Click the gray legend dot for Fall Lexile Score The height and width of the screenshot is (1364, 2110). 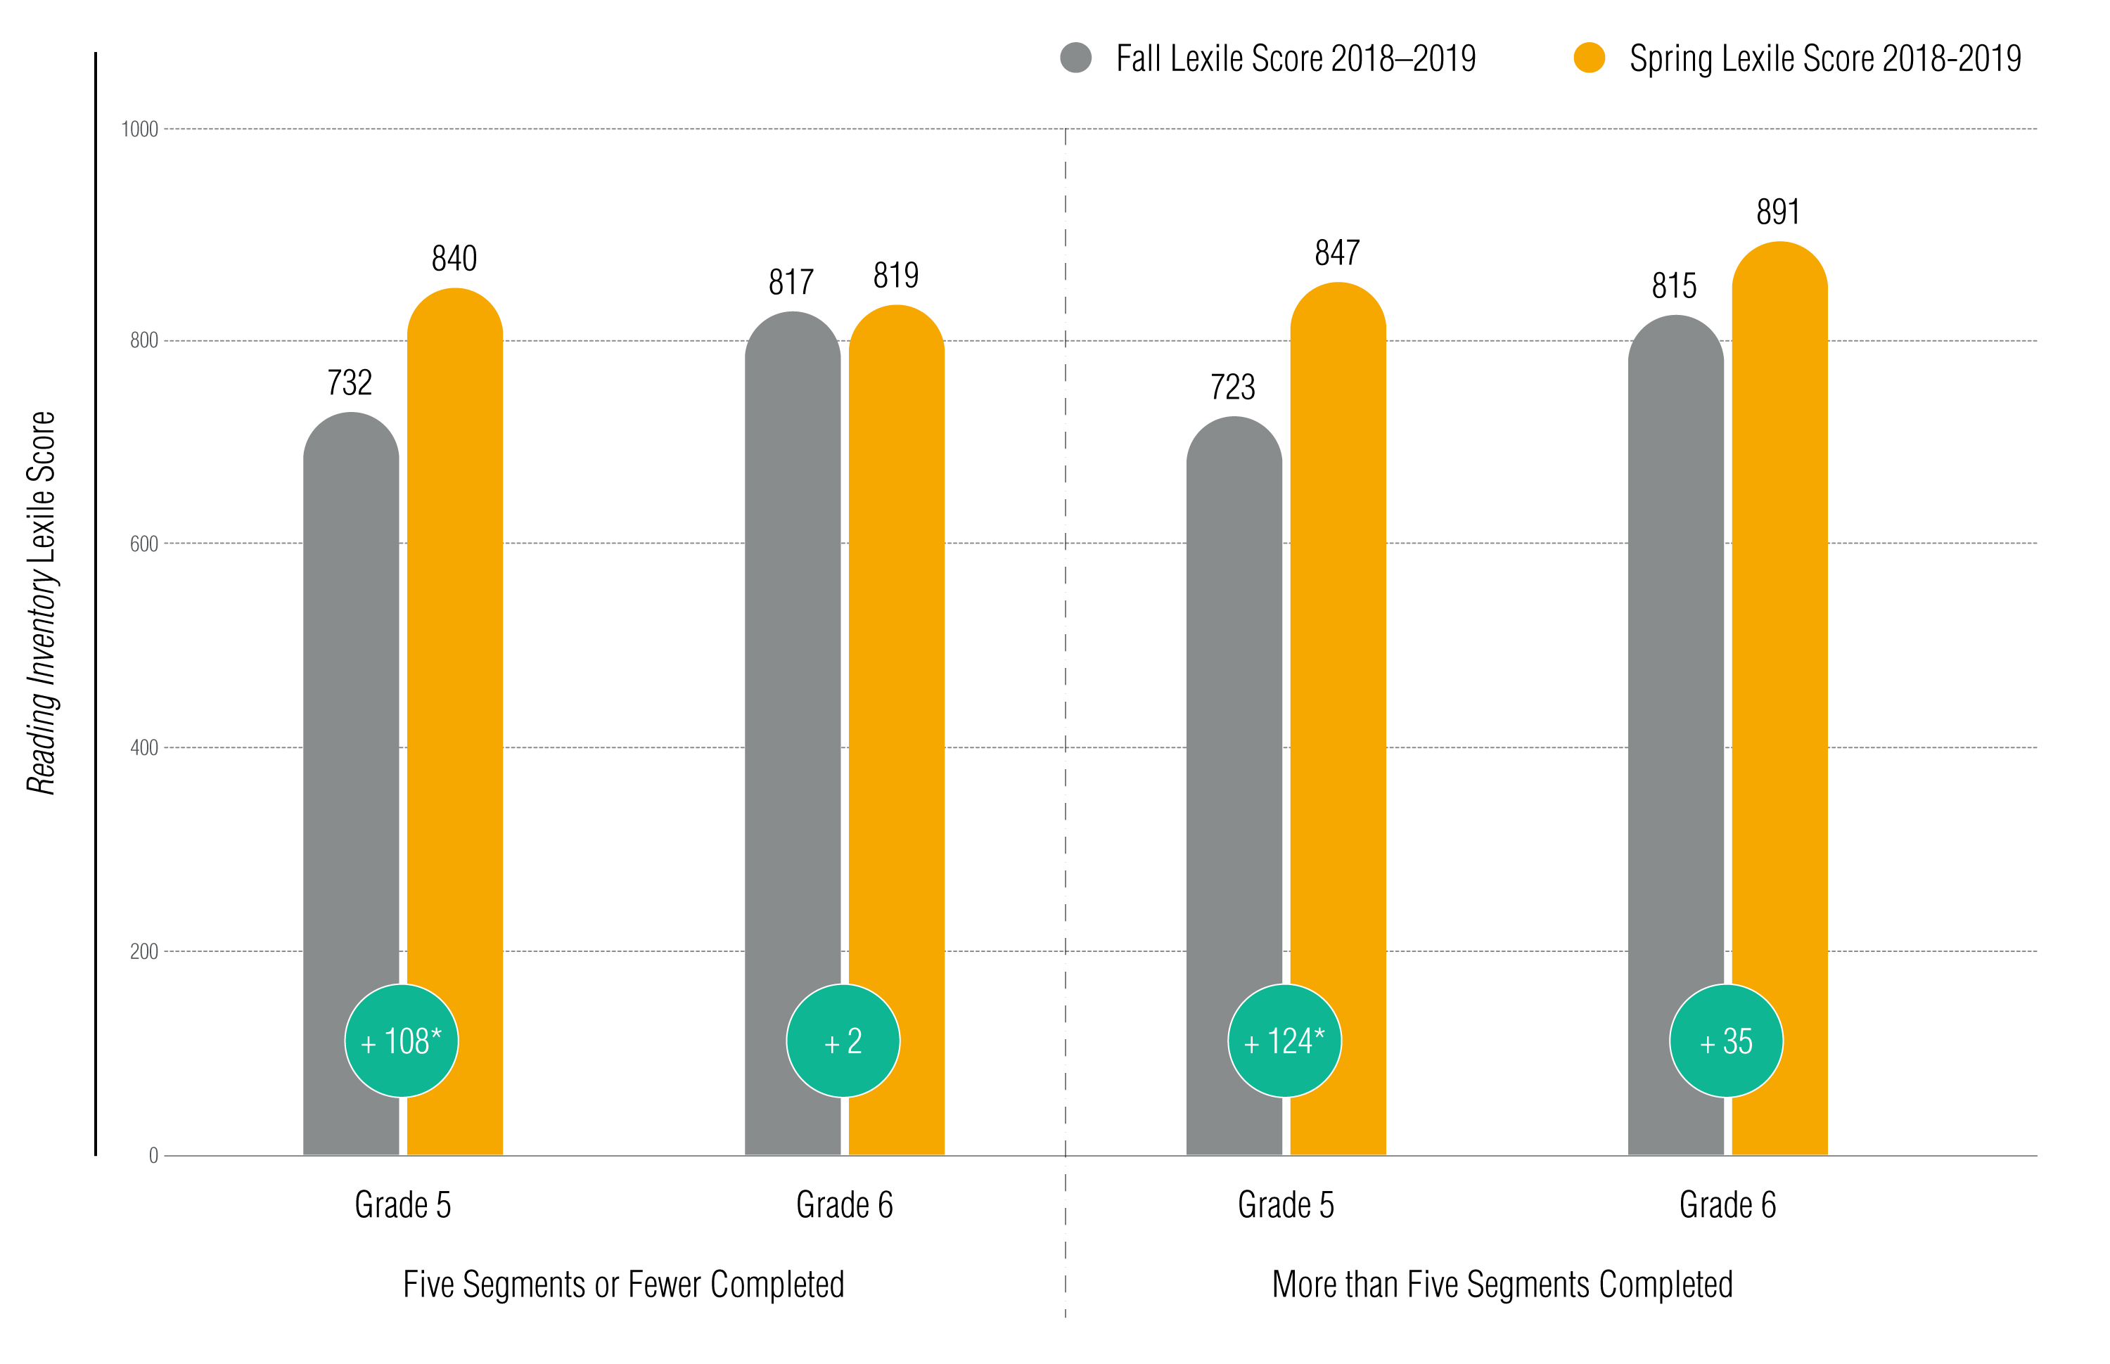(1075, 58)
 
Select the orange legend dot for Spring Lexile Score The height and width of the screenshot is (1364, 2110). (1589, 58)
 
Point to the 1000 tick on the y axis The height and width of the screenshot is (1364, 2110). (140, 129)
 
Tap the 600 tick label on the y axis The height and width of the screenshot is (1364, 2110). (143, 543)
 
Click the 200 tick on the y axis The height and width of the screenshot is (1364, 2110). (143, 951)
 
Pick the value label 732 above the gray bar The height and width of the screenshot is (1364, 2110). (349, 382)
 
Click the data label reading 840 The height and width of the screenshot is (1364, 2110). (454, 259)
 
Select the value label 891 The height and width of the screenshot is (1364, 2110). (1778, 212)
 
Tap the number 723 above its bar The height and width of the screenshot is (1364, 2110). (1232, 387)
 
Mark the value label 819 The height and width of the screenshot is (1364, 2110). (895, 276)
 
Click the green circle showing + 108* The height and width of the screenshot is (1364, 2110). (402, 1041)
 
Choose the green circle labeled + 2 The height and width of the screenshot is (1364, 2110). (843, 1041)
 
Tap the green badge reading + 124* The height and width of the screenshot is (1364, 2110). (1284, 1041)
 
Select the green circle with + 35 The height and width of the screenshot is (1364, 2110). (1725, 1041)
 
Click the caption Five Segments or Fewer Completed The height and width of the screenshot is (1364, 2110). (624, 1285)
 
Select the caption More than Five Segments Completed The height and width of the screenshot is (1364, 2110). (1502, 1285)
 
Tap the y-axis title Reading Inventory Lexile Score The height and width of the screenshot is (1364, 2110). (41, 603)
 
